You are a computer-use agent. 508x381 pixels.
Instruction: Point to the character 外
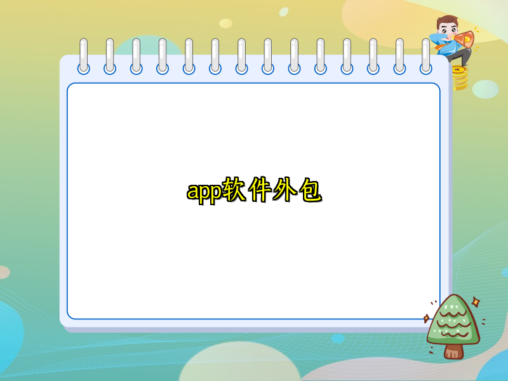tap(284, 190)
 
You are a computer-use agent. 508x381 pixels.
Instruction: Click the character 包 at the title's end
tap(311, 190)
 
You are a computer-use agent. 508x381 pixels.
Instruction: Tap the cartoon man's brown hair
tap(448, 21)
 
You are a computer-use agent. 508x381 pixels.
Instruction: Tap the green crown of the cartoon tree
tap(452, 321)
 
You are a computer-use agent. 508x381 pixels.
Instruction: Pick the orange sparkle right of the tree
tap(476, 303)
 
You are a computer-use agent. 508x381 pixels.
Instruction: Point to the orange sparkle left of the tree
tap(427, 318)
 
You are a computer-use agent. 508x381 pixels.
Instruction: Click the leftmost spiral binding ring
tap(84, 56)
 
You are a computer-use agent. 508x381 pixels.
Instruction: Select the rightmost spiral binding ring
tap(425, 56)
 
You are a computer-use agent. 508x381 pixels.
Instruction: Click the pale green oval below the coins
tap(485, 89)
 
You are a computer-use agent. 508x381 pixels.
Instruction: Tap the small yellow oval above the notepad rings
tap(225, 23)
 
